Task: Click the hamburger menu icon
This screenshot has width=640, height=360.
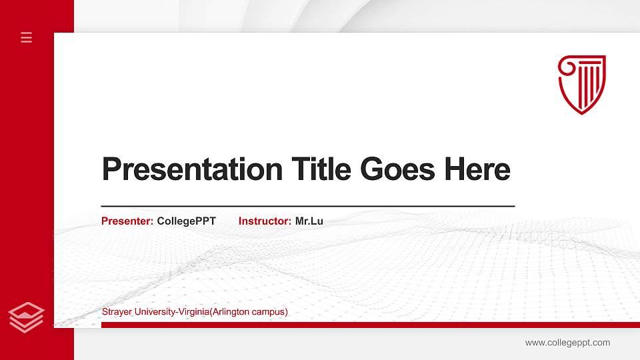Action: coord(27,37)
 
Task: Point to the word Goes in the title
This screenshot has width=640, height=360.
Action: coord(398,169)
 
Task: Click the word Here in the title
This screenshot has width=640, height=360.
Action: coord(477,169)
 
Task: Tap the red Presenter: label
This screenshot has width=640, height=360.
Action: coord(127,221)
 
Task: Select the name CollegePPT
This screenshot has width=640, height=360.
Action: coord(187,221)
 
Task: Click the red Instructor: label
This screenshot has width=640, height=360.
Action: coord(265,221)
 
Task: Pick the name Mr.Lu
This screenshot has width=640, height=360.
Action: coord(309,221)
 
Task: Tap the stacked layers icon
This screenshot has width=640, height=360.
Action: coord(27,317)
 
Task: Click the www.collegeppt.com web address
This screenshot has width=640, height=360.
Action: coord(567,343)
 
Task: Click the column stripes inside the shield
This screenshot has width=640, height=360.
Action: coord(589,83)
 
